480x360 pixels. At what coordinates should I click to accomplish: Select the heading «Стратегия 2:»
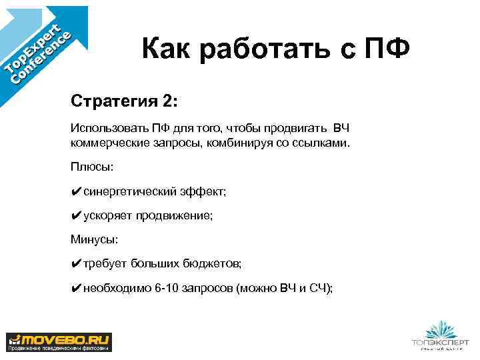(x=125, y=103)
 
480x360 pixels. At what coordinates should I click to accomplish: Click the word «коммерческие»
(x=103, y=143)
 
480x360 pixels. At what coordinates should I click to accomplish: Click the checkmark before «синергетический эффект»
(x=76, y=191)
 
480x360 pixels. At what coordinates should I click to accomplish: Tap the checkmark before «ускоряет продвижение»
(x=76, y=215)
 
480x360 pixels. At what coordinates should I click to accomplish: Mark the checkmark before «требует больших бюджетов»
(x=76, y=263)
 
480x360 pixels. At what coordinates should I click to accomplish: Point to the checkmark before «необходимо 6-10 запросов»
(x=76, y=287)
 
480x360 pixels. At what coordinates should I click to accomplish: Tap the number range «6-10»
(x=167, y=287)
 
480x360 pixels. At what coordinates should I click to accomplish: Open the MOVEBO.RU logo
(x=59, y=341)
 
